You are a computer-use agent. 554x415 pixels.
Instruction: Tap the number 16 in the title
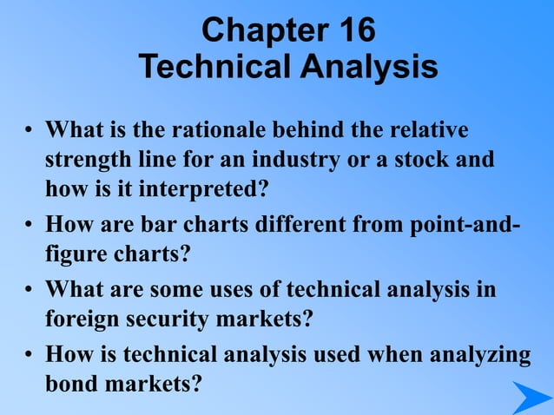pyautogui.click(x=353, y=30)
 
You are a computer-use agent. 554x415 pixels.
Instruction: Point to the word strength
pyautogui.click(x=88, y=161)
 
